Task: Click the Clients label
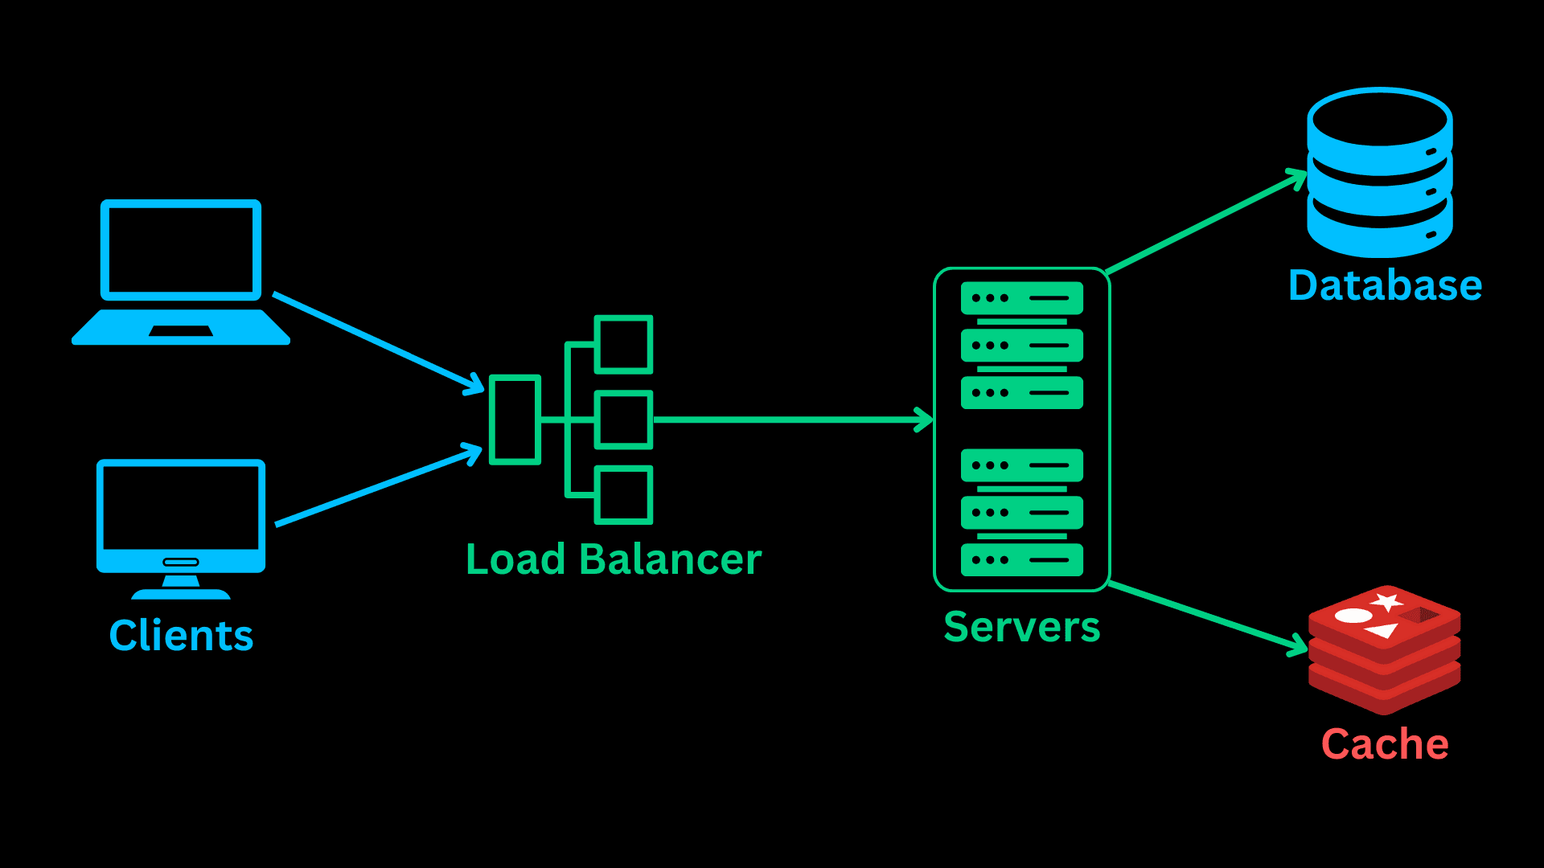point(181,636)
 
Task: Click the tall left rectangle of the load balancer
point(515,420)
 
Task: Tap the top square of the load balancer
point(623,344)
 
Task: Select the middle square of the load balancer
point(623,420)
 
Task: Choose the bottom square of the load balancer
point(623,495)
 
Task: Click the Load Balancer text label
point(613,559)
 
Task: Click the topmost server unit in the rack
point(1021,298)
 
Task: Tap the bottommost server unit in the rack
point(1021,560)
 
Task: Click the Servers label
point(1021,627)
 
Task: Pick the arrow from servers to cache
point(1206,616)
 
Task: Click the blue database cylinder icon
point(1379,173)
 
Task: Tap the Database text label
point(1385,286)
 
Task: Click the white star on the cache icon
point(1387,601)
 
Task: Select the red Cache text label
point(1385,744)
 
